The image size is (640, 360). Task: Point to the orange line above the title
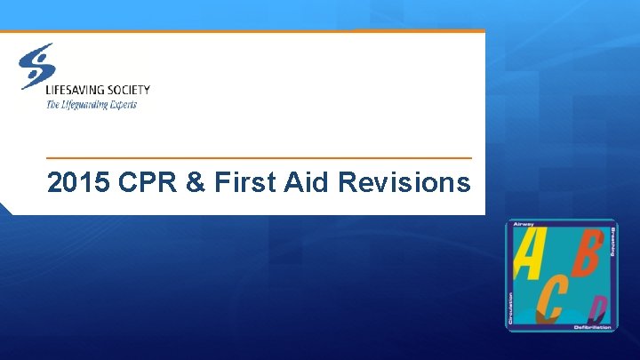(x=258, y=158)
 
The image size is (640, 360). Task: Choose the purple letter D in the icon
(x=599, y=310)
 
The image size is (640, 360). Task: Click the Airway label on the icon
(x=524, y=226)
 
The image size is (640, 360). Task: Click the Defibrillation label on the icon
(x=591, y=327)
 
